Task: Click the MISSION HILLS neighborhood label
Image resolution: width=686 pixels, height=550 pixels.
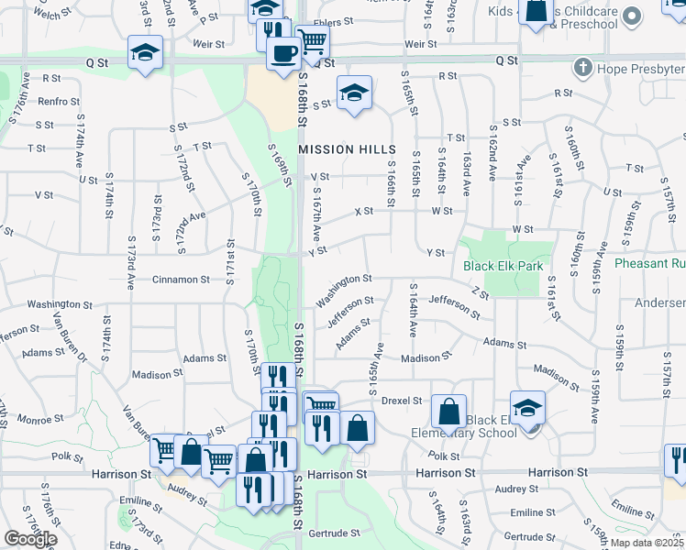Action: (348, 149)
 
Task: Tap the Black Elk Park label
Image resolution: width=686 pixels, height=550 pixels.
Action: (503, 266)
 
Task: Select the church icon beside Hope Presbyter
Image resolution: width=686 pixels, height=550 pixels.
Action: (581, 67)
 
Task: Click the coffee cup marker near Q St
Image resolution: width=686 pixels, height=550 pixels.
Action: (283, 52)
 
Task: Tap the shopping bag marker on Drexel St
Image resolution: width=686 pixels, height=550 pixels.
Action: (449, 412)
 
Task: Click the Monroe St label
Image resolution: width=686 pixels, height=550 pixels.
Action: (39, 420)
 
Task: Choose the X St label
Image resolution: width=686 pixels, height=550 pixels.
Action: (364, 212)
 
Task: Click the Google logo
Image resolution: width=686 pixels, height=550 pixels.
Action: (29, 539)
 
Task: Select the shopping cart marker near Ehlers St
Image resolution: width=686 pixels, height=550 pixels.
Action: (312, 40)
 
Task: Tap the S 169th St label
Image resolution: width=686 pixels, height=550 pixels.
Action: (279, 165)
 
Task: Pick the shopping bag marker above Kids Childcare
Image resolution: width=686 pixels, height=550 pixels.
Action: (535, 12)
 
